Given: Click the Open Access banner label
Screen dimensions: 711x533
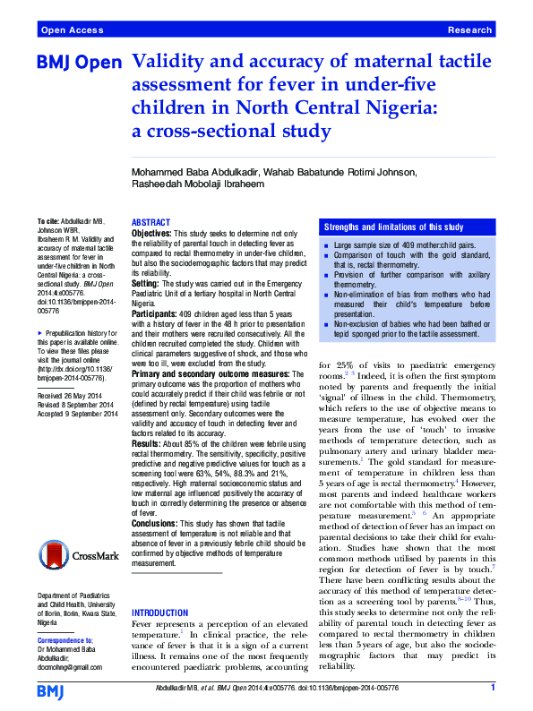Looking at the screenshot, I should pos(71,30).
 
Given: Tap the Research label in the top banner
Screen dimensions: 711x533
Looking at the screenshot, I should pos(470,30).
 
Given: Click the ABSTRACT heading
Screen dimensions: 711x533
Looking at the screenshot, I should pos(150,222).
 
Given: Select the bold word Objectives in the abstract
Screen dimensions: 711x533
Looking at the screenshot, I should pos(151,232).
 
